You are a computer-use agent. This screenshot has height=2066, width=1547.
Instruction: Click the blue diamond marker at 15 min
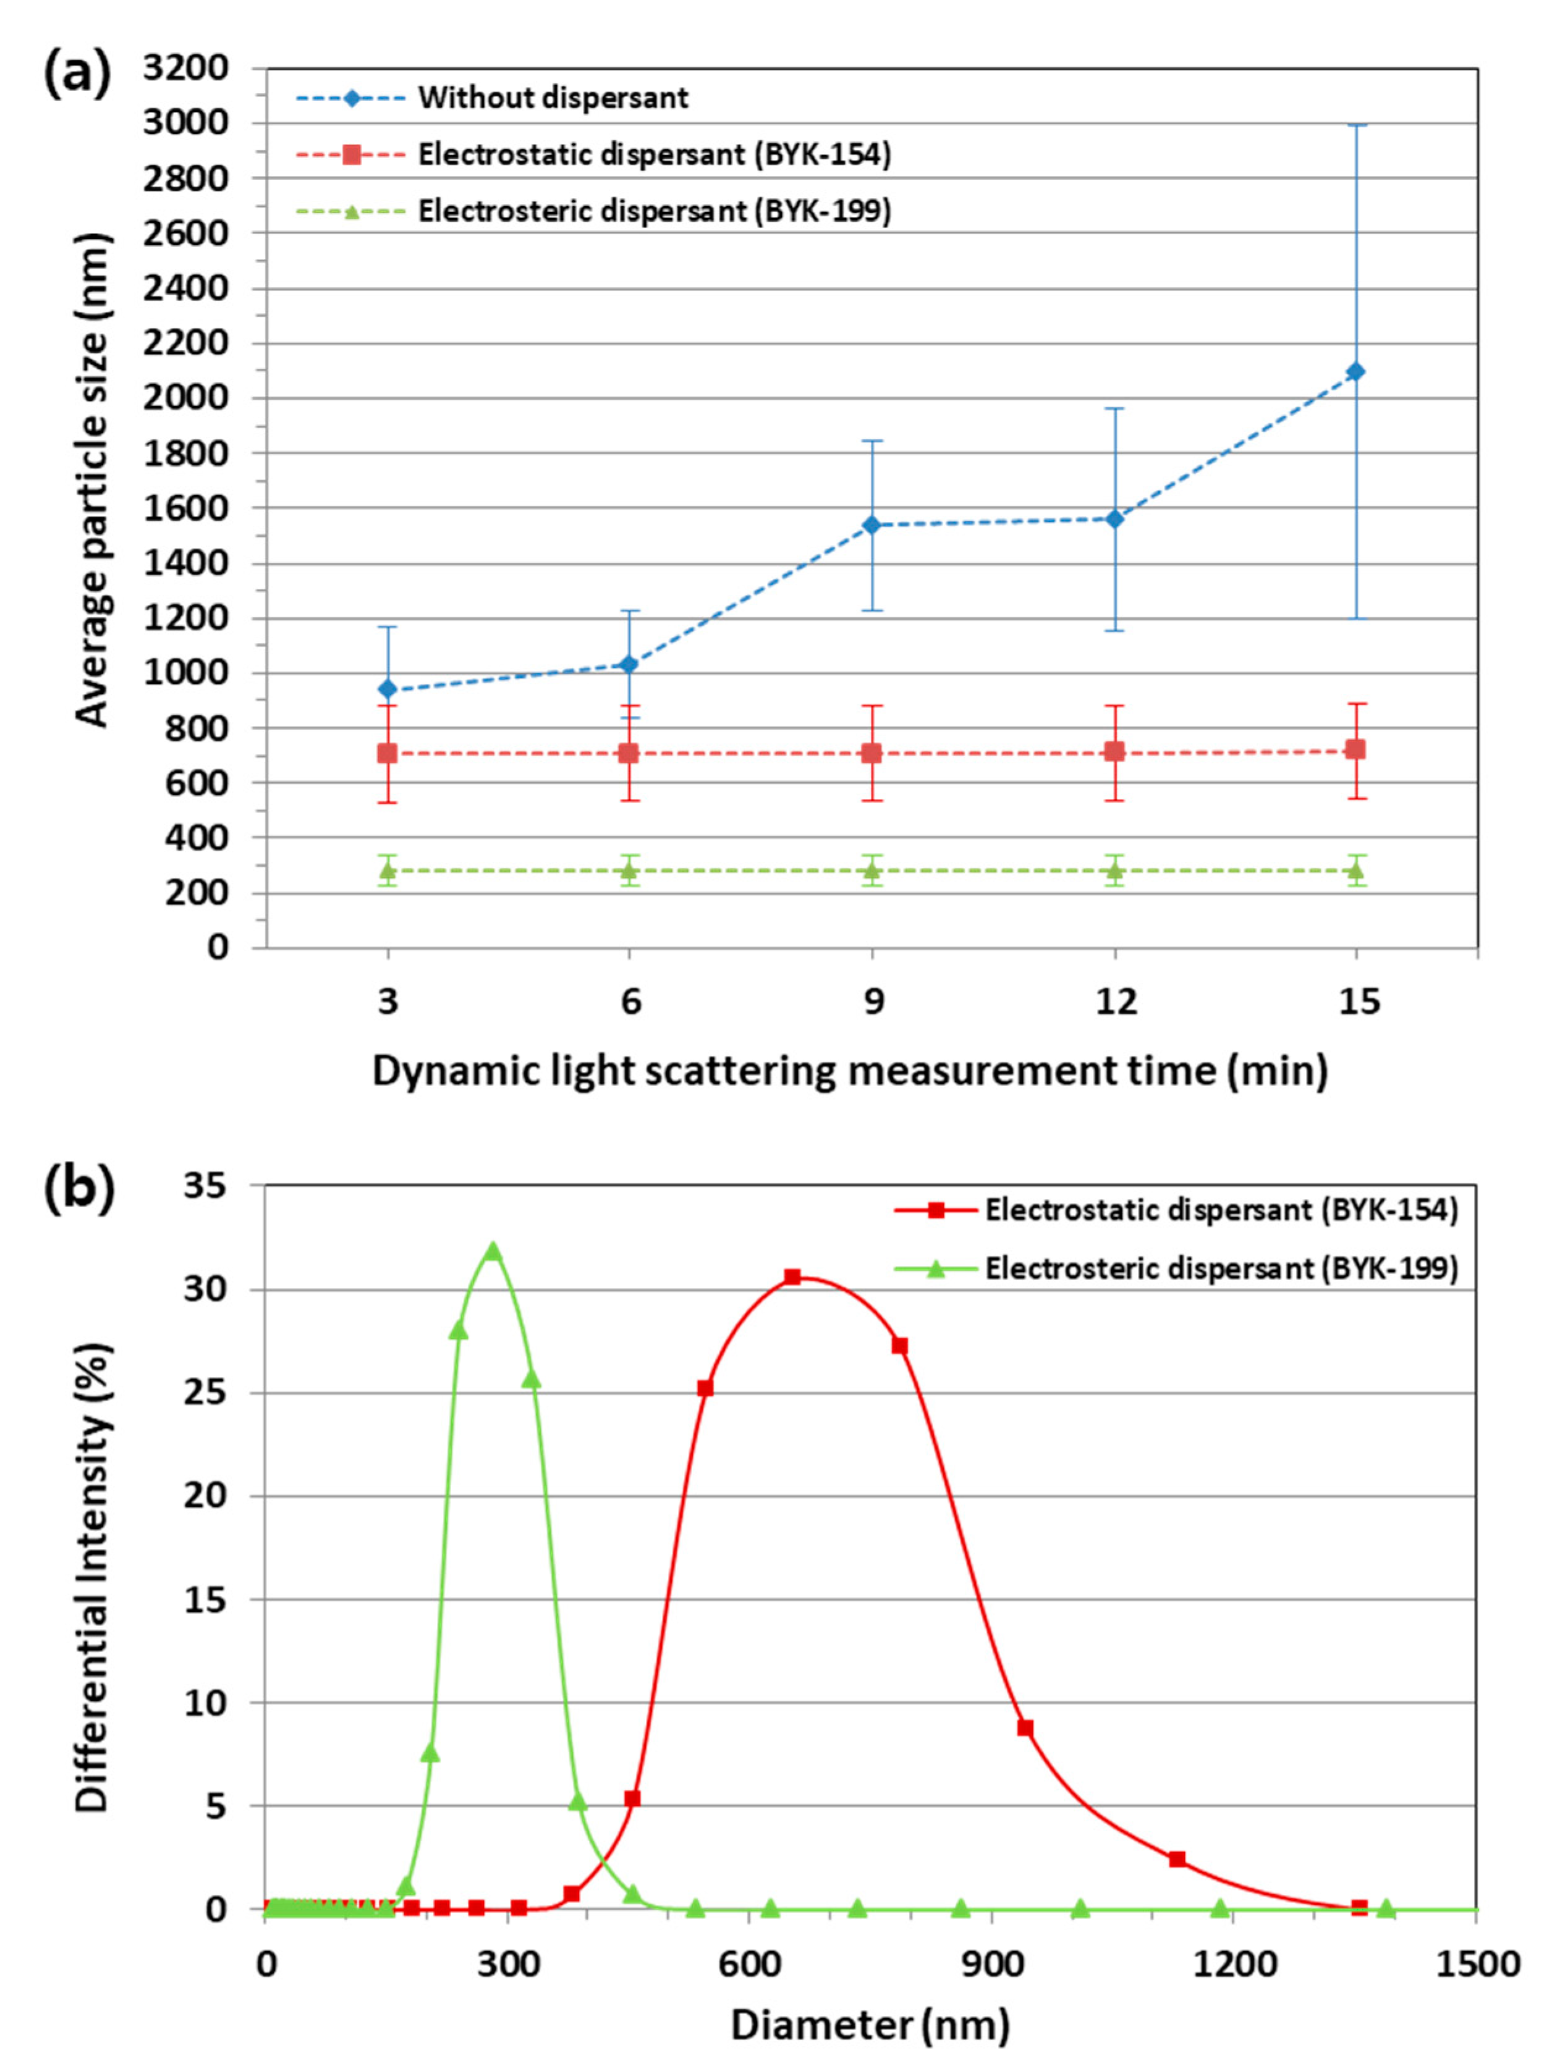[x=1355, y=372]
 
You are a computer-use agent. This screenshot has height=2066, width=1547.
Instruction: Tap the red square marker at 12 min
[x=1114, y=752]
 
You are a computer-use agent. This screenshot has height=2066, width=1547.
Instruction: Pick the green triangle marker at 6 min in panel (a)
[x=629, y=871]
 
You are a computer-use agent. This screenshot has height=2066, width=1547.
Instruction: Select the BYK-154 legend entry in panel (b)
[x=1220, y=1210]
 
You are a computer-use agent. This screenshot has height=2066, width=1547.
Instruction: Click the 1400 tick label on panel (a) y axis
[x=185, y=563]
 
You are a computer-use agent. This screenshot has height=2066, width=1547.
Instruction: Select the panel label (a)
[x=77, y=74]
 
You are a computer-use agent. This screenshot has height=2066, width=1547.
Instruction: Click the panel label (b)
[x=78, y=1190]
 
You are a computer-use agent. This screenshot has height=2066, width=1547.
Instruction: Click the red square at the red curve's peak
[x=792, y=1277]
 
